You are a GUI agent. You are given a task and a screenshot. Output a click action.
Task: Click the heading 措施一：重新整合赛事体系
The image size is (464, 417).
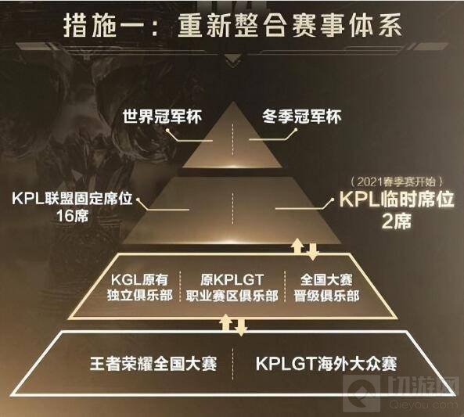click(232, 26)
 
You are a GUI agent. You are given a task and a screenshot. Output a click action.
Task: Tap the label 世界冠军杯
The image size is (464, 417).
click(162, 117)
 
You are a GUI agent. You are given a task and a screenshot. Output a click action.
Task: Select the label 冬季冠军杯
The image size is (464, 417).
click(301, 117)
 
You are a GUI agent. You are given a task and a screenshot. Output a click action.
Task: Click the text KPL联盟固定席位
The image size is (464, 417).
click(72, 198)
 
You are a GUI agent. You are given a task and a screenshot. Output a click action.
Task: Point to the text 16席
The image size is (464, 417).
click(72, 216)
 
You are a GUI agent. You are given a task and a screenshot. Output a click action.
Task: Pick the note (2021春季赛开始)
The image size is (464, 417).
click(396, 182)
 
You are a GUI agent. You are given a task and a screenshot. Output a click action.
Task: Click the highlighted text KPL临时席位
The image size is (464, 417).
click(396, 200)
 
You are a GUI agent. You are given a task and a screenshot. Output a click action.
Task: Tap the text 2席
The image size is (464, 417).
click(397, 221)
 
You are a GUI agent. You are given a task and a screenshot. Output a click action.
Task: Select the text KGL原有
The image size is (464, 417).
click(139, 279)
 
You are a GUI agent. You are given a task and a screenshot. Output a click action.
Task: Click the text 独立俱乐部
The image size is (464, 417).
click(140, 296)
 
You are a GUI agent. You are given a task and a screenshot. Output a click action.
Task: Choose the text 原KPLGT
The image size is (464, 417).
click(232, 279)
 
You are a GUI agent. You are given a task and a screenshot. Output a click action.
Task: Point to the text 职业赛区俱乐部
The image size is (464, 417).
click(232, 296)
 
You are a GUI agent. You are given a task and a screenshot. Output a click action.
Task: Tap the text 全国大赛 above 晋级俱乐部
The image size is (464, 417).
click(326, 279)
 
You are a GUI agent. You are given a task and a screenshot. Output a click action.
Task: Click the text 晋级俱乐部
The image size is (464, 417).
click(326, 296)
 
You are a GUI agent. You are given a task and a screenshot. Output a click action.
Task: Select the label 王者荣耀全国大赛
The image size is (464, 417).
click(153, 364)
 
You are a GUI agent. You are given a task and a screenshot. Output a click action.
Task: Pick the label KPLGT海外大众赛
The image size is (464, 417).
click(326, 364)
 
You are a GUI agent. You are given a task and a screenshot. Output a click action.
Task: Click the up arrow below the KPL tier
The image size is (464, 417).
click(297, 246)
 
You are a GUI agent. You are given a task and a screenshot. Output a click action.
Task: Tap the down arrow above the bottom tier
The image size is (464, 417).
click(241, 328)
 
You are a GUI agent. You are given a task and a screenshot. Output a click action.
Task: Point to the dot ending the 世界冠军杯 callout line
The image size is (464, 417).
click(167, 130)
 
